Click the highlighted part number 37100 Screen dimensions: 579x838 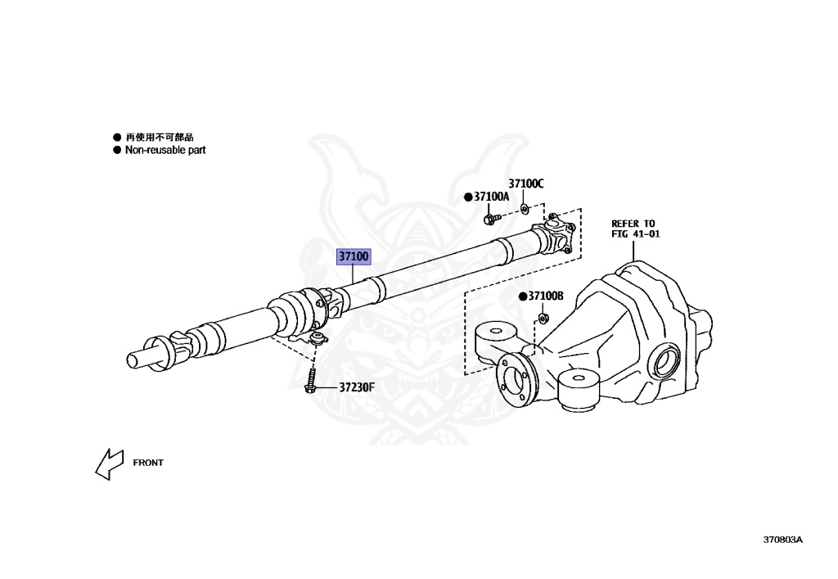coord(354,256)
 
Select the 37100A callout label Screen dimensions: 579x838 coord(491,197)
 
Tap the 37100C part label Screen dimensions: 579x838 coord(525,183)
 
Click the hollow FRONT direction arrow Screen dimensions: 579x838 coord(108,464)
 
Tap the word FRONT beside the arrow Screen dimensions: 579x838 coord(148,463)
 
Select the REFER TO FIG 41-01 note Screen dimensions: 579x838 coord(634,228)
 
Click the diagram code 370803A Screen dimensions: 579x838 coord(782,540)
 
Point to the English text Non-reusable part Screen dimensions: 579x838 coord(164,151)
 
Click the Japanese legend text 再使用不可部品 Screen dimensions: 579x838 coord(159,138)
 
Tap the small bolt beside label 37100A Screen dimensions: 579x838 coord(491,219)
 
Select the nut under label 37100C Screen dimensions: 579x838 coord(525,209)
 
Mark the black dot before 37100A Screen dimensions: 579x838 coord(468,197)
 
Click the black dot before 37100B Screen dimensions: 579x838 coord(521,296)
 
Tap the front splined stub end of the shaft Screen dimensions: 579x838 coord(139,358)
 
